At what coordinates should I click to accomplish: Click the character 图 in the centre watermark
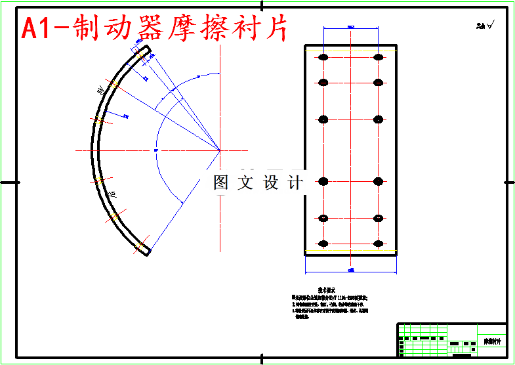(220, 183)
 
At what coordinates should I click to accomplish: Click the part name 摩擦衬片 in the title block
(492, 342)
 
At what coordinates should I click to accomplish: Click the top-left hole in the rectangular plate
(323, 58)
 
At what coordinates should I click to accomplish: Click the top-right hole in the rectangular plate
(378, 58)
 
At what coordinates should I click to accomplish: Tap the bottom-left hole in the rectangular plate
(323, 243)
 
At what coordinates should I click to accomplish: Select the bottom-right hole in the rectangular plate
(378, 243)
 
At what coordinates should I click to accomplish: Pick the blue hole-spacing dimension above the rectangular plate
(350, 28)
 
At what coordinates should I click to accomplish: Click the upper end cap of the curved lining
(146, 50)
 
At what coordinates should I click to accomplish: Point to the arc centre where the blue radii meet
(220, 150)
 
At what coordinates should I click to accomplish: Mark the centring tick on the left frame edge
(8, 182)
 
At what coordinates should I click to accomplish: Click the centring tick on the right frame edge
(508, 182)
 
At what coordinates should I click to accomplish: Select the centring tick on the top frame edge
(262, 6)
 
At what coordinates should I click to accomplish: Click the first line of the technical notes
(328, 297)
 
